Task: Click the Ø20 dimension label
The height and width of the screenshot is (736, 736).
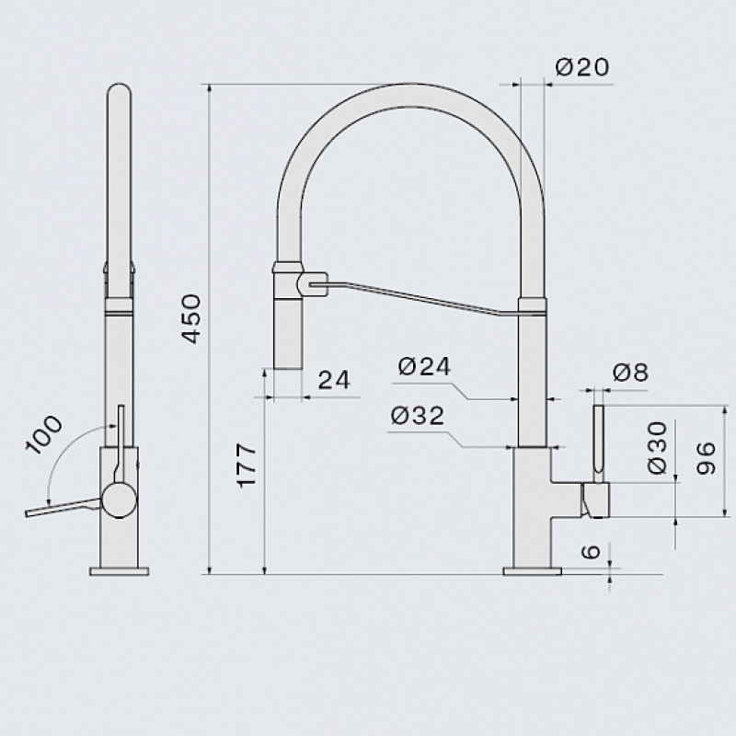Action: (582, 67)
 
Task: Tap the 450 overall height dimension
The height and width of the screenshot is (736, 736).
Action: (191, 318)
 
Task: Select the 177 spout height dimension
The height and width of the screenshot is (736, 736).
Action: (247, 466)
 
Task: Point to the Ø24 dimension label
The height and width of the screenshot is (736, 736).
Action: (424, 366)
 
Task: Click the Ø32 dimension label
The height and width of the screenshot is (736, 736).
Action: (418, 416)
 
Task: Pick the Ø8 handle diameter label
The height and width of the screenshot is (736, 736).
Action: (630, 374)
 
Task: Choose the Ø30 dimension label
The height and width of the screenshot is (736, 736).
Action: (657, 447)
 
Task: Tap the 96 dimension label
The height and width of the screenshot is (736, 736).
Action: (706, 458)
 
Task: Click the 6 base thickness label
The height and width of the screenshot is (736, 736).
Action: (591, 551)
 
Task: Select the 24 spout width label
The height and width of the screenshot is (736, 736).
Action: (334, 380)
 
